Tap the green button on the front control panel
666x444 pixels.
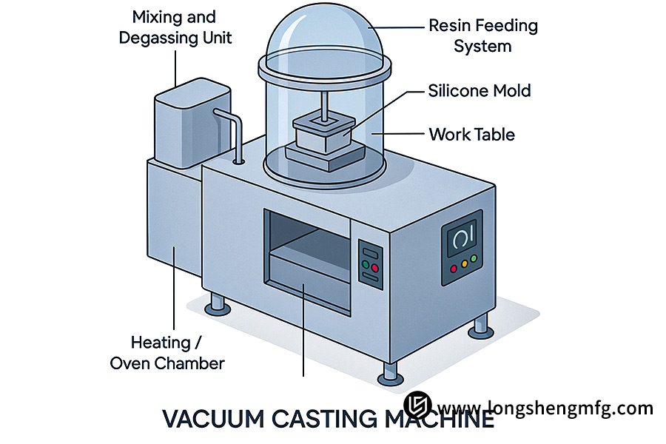(365, 263)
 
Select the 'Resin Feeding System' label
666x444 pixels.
(482, 36)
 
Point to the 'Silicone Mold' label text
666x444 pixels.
(479, 91)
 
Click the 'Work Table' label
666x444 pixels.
(471, 135)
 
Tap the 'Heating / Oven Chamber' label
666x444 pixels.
(166, 352)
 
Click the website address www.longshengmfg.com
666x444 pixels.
(546, 407)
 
